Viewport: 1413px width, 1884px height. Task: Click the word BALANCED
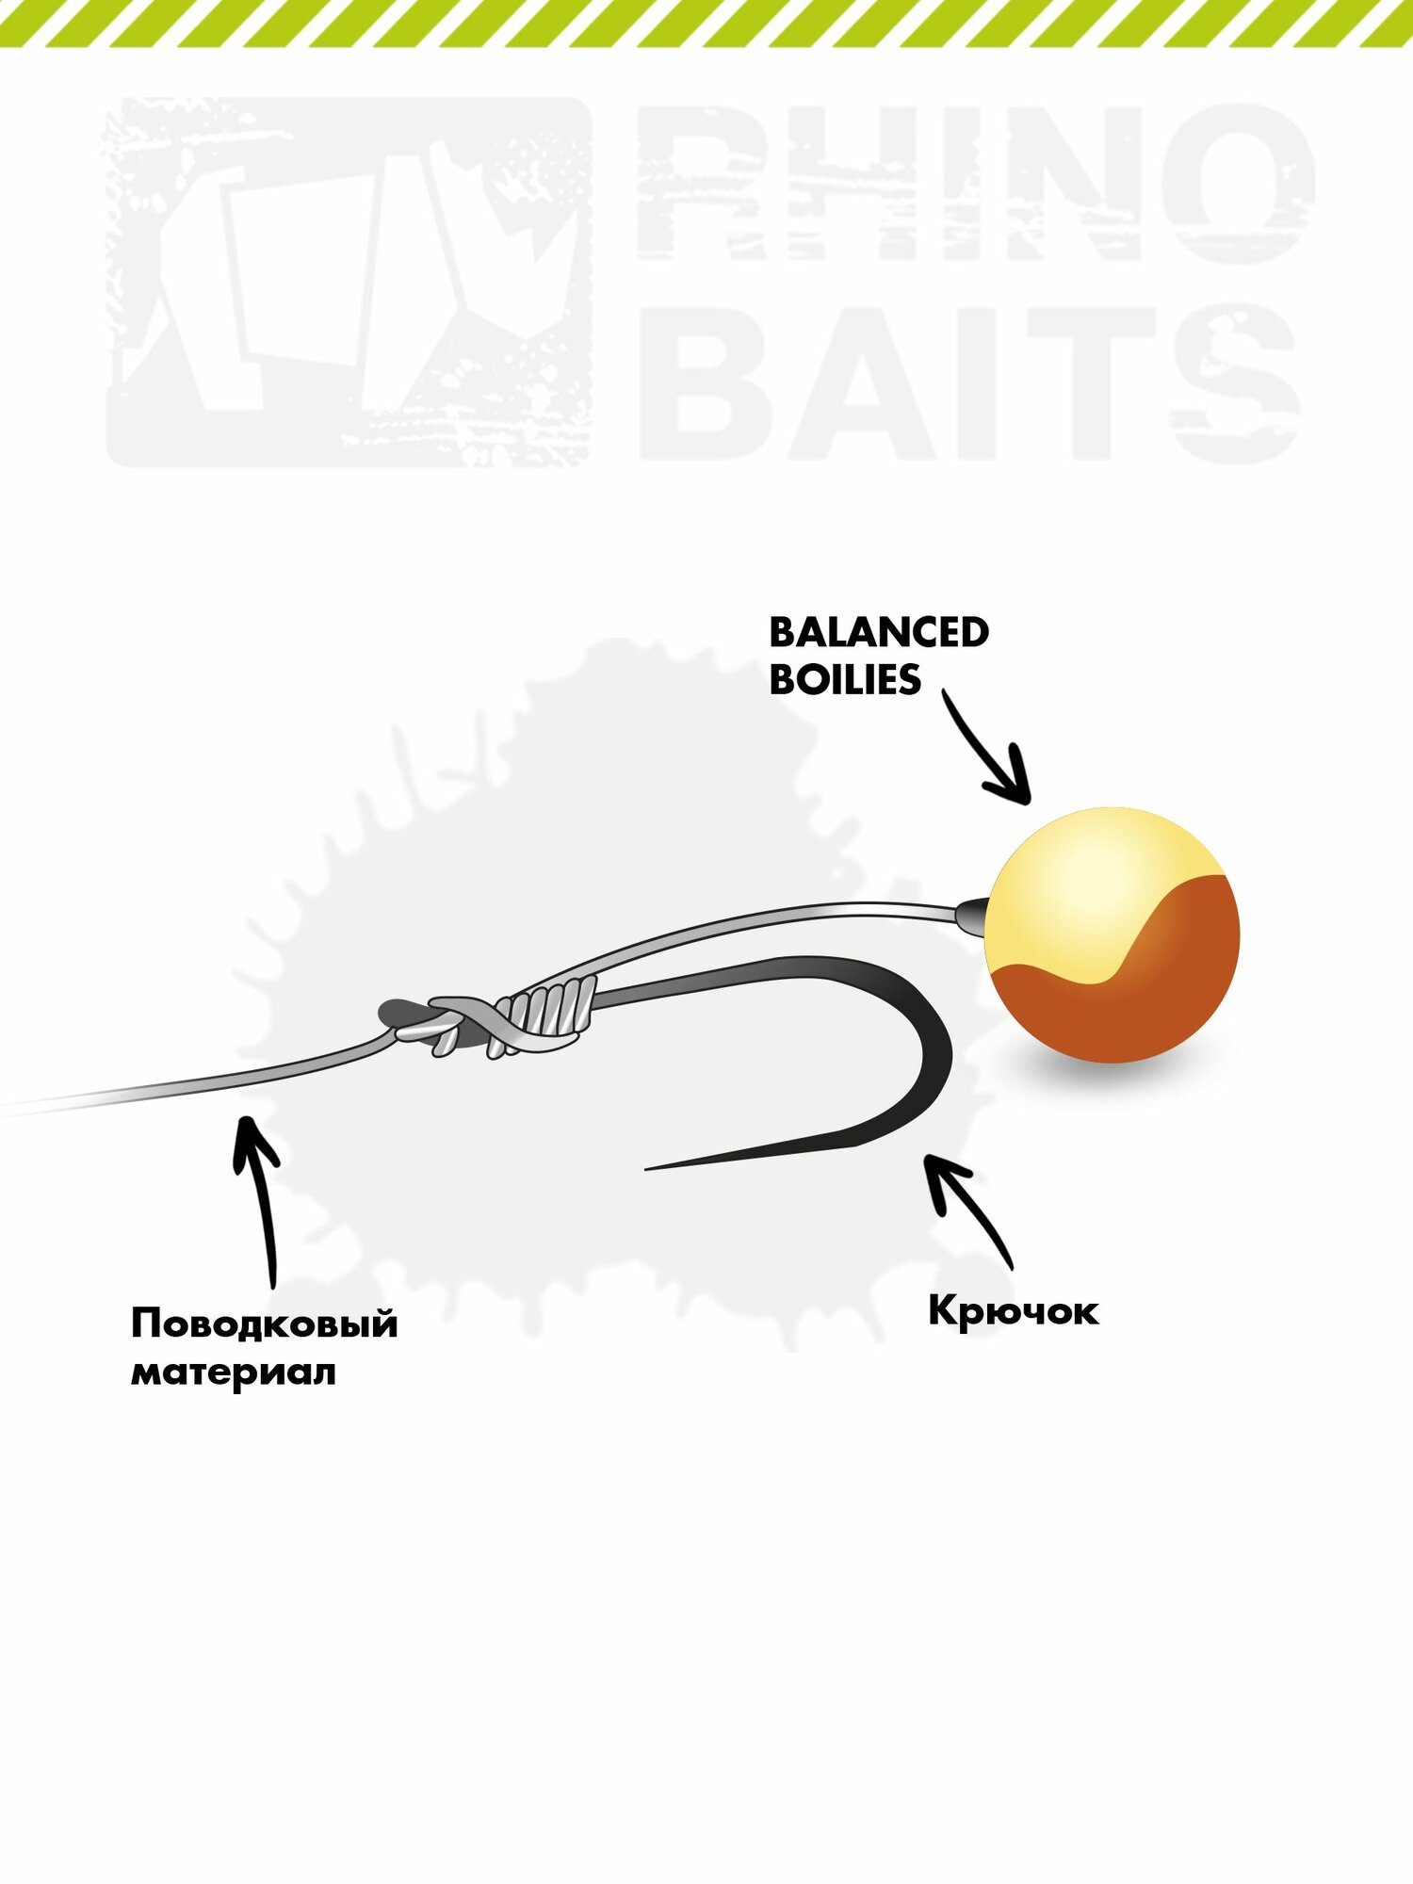[878, 633]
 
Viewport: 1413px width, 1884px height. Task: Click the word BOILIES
[845, 680]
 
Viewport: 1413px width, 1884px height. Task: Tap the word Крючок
[1013, 1310]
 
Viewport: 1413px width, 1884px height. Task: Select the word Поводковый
[265, 1324]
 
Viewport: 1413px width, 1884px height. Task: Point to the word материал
[233, 1372]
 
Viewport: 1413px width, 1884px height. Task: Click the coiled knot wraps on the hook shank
[552, 1013]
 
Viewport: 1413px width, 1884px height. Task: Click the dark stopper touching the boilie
[972, 915]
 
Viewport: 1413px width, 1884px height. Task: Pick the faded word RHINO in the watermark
[975, 184]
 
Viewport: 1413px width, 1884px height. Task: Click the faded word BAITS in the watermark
[970, 383]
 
